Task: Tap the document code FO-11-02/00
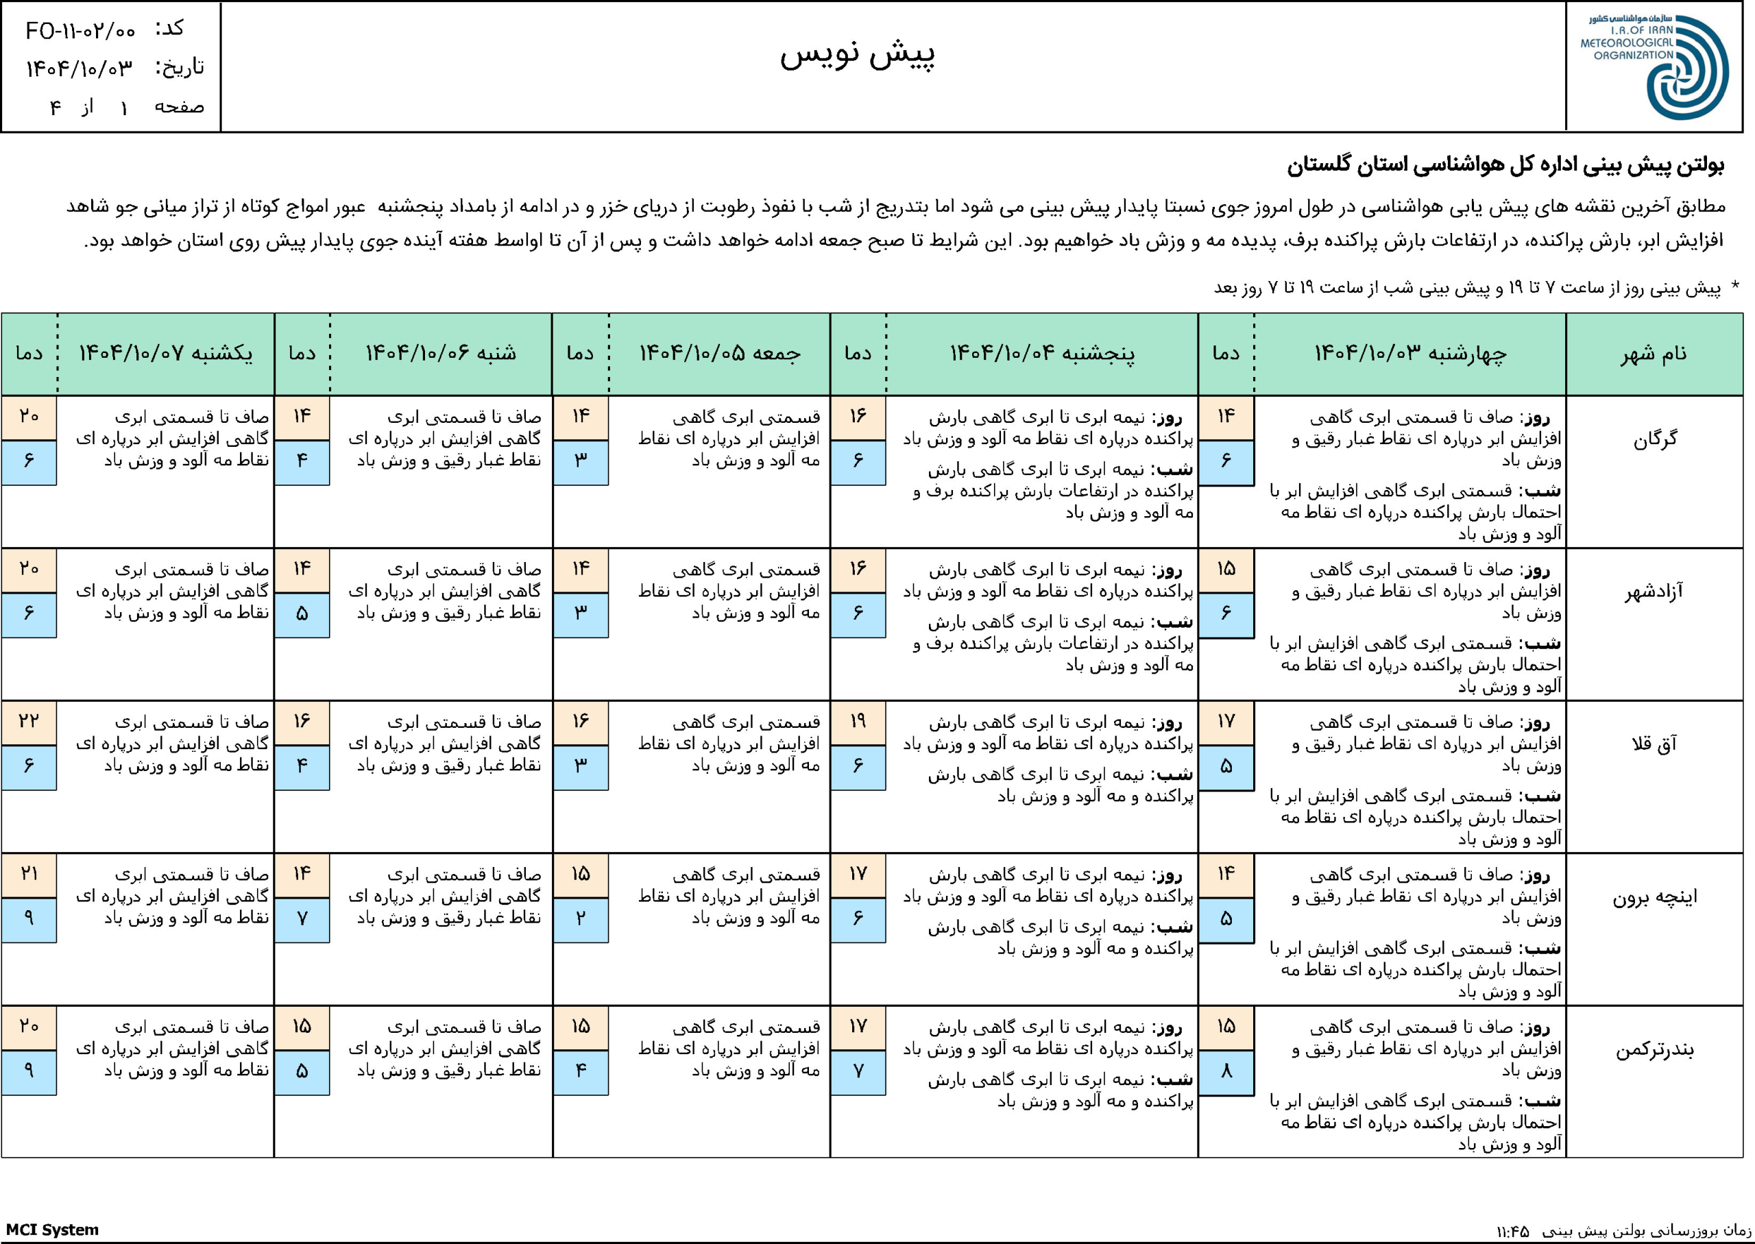coord(80,31)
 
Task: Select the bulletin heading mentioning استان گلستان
coord(1505,167)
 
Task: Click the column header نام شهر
coord(1653,354)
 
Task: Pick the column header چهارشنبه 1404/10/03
coord(1410,353)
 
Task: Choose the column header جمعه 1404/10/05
coord(720,353)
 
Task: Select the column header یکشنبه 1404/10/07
coord(165,353)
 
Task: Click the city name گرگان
coord(1655,439)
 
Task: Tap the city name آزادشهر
coord(1654,591)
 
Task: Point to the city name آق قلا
coord(1654,744)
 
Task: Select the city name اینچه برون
coord(1654,897)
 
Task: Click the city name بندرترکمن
coord(1654,1049)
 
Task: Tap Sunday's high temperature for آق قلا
coord(29,722)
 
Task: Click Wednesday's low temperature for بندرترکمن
coord(1226,1071)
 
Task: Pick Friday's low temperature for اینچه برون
coord(581,918)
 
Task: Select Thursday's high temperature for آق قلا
coord(858,722)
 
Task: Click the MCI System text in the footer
coord(53,1230)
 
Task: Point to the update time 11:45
coord(1512,1231)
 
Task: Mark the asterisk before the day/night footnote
coord(1735,286)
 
